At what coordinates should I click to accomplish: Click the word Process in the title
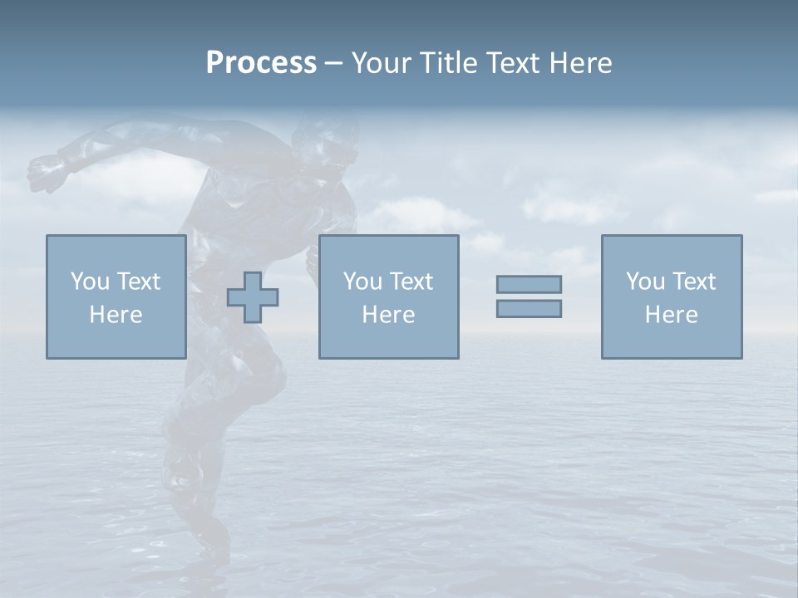click(261, 63)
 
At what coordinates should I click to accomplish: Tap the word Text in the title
click(511, 63)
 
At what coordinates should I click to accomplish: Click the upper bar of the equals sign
click(529, 284)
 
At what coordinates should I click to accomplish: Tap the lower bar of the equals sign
click(529, 308)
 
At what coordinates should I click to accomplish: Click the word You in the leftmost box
click(89, 282)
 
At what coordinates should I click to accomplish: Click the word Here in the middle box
click(388, 315)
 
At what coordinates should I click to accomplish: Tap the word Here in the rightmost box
click(671, 315)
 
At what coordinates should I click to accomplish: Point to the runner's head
click(328, 149)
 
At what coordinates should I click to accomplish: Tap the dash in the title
click(334, 63)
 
